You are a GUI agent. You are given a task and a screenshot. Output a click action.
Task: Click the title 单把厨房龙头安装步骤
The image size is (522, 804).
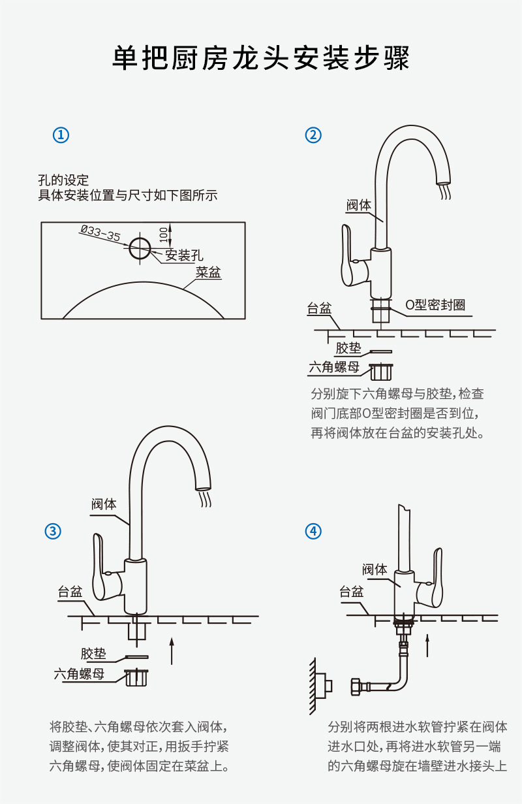point(261,59)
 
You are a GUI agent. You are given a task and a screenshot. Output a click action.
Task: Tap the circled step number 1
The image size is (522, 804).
point(61,135)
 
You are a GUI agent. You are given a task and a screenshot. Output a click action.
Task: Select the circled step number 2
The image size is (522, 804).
point(314,135)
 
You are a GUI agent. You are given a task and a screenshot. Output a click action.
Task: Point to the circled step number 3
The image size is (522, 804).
point(53,531)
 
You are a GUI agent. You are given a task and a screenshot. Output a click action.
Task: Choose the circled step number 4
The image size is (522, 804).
point(314,531)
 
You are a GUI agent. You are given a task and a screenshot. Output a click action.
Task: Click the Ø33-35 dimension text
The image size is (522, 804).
point(100,233)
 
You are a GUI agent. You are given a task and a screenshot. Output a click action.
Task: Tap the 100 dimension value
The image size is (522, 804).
point(163,233)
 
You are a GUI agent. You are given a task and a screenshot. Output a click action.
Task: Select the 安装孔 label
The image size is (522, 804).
point(184,255)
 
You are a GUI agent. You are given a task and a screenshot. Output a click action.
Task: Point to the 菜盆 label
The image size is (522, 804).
point(209,273)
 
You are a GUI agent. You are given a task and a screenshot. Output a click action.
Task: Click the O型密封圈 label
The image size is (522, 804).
point(435,305)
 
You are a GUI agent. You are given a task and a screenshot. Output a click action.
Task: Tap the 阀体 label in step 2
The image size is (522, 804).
point(359,205)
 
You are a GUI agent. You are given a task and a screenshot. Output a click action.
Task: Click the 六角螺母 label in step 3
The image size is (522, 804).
point(79,674)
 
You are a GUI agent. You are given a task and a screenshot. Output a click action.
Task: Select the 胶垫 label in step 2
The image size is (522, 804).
point(348,348)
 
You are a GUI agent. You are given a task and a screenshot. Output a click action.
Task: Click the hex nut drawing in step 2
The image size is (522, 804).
point(380,371)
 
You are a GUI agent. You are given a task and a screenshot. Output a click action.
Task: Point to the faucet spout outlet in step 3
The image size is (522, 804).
point(204,487)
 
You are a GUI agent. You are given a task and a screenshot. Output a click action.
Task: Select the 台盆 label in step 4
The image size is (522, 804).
point(352,592)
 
